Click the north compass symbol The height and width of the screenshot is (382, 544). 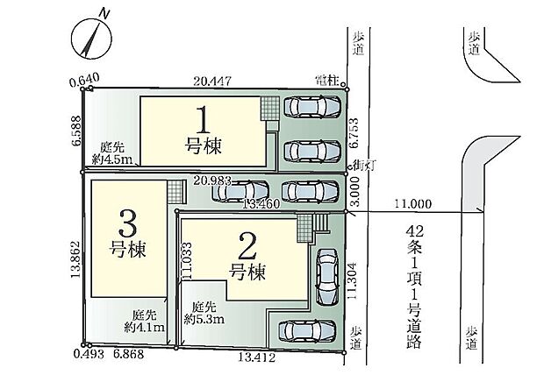tap(91, 38)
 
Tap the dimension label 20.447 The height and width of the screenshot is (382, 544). tap(212, 81)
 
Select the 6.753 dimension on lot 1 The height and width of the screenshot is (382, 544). tap(354, 133)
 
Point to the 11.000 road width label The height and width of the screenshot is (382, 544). tap(413, 203)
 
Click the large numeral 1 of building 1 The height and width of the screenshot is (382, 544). tap(203, 120)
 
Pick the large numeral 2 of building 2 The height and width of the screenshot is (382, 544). tap(247, 246)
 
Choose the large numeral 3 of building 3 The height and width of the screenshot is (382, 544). tap(127, 223)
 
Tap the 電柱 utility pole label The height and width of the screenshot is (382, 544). tap(327, 81)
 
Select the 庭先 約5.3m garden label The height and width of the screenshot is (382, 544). tap(204, 313)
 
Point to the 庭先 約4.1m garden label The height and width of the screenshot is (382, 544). tap(144, 321)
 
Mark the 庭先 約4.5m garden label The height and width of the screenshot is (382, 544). tap(112, 153)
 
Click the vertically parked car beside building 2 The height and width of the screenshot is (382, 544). tap(327, 277)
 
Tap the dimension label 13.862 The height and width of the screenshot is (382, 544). tap(75, 259)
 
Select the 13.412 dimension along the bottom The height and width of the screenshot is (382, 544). tap(257, 357)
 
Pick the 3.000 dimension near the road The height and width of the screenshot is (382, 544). tap(356, 191)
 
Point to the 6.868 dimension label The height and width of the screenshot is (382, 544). tap(128, 354)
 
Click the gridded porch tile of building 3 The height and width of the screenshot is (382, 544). tap(175, 193)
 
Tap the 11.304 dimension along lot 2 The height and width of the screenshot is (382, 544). tap(352, 281)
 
